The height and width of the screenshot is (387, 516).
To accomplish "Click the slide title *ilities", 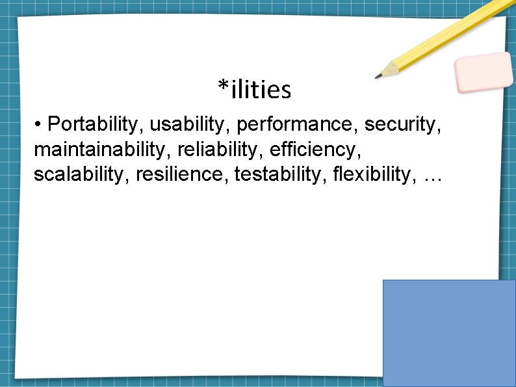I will (254, 90).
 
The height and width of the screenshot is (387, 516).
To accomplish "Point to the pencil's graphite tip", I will (378, 77).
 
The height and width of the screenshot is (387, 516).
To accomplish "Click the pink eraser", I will (484, 72).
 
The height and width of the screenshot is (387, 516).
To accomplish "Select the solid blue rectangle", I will (449, 333).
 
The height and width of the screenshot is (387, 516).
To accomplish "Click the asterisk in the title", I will (224, 85).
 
